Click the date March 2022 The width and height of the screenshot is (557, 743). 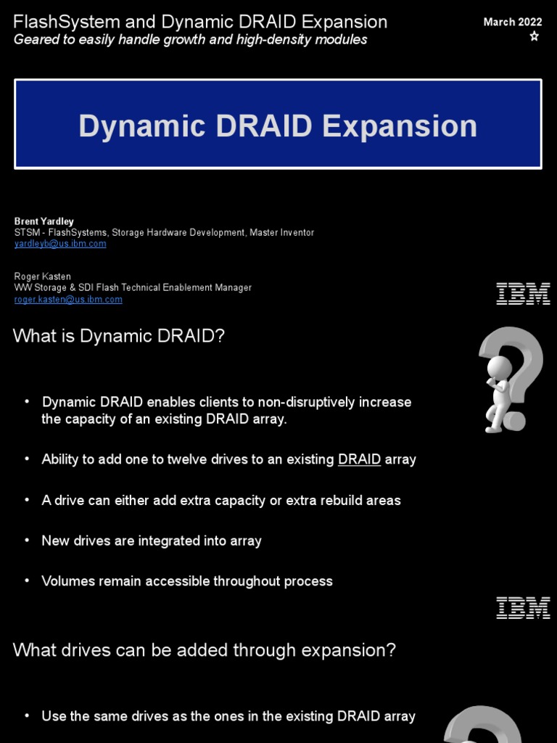click(513, 22)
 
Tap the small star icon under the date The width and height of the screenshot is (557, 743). click(535, 36)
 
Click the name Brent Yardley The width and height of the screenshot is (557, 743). click(44, 221)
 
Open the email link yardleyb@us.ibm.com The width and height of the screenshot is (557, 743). click(60, 244)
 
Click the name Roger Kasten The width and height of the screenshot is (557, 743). click(43, 276)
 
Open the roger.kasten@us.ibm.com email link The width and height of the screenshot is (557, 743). click(68, 299)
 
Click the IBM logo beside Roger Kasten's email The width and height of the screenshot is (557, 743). click(522, 294)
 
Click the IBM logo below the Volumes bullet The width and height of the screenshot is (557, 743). click(522, 608)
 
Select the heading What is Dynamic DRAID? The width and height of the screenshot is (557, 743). click(119, 336)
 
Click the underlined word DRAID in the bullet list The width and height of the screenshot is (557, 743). click(359, 459)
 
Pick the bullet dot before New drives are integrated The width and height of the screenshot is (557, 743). click(27, 541)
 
